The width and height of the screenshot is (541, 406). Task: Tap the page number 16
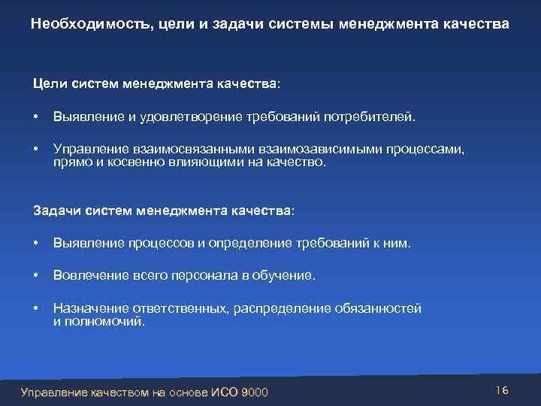(x=503, y=389)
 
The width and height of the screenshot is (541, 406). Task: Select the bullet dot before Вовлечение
(x=36, y=276)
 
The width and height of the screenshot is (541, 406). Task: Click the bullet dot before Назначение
(x=36, y=308)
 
